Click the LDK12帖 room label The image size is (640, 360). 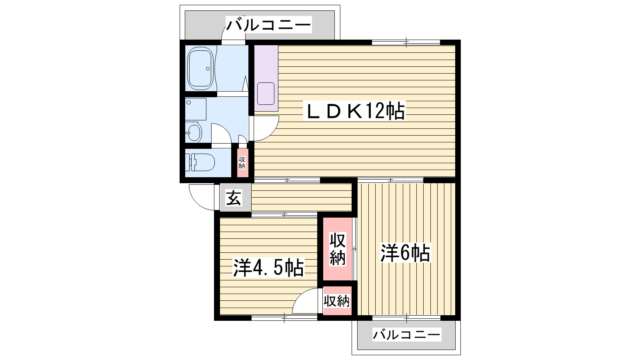pos(355,111)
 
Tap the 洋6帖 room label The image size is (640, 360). pos(405,253)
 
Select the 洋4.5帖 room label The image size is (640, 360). pos(268,268)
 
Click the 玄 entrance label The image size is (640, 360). pos(234,198)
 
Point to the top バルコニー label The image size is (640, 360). pos(269,25)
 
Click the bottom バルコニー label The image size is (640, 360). pos(406,334)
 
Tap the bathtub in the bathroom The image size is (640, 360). pos(200,68)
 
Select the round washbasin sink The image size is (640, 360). pos(194,132)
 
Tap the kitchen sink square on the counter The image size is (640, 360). pos(266,94)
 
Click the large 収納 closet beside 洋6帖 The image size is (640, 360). pos(337,249)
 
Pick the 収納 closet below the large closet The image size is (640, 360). pos(337,301)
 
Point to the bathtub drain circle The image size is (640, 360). pos(208,68)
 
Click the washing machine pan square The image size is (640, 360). pos(196,109)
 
